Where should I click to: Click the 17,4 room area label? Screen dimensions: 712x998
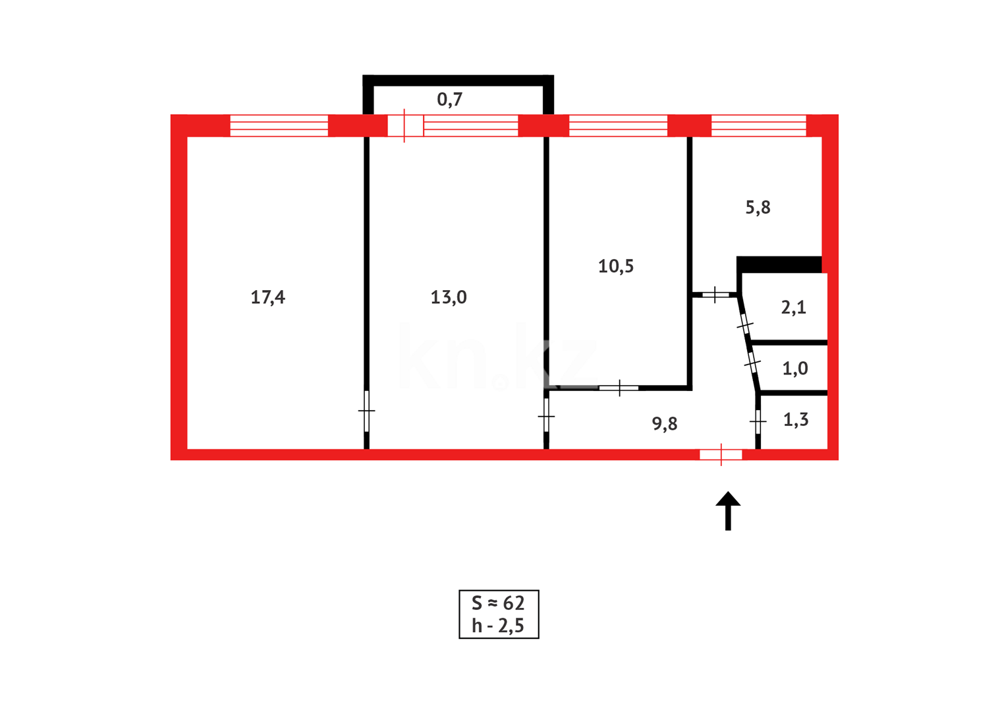tap(267, 297)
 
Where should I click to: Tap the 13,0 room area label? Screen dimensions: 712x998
tap(449, 297)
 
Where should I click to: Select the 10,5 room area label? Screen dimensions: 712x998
tap(616, 266)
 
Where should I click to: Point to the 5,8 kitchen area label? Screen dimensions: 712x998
tap(758, 208)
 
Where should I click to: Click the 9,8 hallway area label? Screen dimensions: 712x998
tap(665, 423)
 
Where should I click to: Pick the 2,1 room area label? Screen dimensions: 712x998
tap(793, 307)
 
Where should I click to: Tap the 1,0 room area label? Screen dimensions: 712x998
tap(794, 369)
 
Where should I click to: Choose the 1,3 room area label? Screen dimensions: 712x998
tap(796, 420)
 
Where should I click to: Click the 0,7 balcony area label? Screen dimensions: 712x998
tap(450, 100)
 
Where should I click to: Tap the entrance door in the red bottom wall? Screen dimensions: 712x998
tap(721, 454)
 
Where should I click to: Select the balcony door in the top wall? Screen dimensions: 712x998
tap(404, 125)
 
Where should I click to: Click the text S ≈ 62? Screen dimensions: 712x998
tap(498, 603)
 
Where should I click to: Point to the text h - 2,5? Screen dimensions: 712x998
tap(498, 626)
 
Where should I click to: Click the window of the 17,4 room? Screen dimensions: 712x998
tap(279, 125)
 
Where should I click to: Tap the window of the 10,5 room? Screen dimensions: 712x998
tap(618, 125)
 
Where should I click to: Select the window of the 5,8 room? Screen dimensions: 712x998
tap(758, 125)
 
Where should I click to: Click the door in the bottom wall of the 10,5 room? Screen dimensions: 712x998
tap(619, 388)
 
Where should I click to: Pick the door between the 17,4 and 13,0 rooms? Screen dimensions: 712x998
tap(367, 411)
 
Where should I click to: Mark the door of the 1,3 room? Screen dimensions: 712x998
tap(758, 421)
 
